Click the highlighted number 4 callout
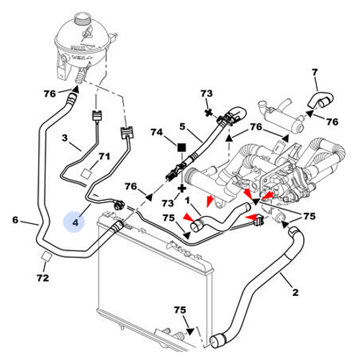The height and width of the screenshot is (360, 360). point(75,222)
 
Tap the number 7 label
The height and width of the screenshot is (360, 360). point(315,72)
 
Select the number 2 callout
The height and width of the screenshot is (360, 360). point(295,292)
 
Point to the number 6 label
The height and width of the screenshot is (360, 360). point(15,220)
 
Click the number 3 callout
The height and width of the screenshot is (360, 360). point(65,138)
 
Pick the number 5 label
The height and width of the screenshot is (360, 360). point(182,126)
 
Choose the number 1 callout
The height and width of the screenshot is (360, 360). point(187,199)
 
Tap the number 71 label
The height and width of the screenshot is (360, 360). point(104,156)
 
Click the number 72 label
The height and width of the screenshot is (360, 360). point(43,278)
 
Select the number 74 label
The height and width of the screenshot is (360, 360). point(157,132)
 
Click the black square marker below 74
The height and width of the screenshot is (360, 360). point(181,148)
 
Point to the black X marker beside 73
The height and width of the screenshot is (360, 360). point(209,112)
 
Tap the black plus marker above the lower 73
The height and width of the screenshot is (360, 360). point(182,189)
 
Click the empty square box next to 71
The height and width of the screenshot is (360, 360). point(86,173)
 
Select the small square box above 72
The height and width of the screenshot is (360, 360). point(46,256)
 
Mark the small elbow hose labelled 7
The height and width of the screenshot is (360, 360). point(320,100)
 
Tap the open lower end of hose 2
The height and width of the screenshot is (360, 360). point(216,341)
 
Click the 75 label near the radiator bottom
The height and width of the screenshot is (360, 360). point(180,310)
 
